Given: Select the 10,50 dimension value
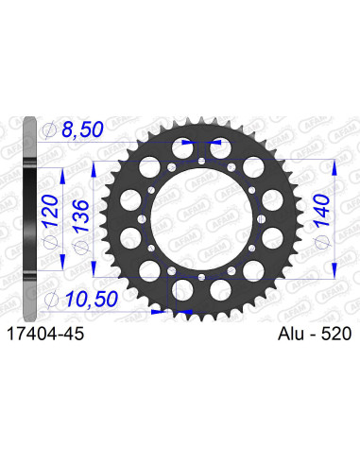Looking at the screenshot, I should [x=94, y=300].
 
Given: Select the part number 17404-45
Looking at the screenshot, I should [x=48, y=334].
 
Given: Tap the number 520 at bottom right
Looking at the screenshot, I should [x=335, y=334].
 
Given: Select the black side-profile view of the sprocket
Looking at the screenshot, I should [x=32, y=217].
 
